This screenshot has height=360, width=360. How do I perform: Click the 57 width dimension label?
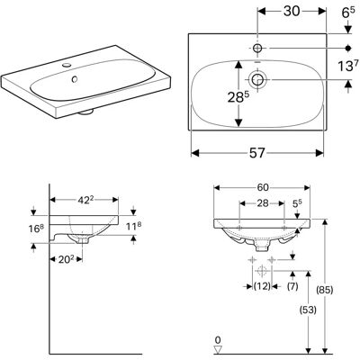pos(257,153)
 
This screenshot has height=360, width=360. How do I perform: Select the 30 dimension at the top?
pos(292,12)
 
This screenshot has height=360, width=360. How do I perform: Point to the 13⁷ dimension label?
pos(348,66)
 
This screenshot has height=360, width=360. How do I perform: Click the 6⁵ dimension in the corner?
pos(348,13)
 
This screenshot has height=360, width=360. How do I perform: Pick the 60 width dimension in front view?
pos(263,187)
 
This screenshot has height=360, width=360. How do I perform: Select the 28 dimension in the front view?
pos(263,203)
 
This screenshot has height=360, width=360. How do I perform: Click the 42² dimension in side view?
pos(84,200)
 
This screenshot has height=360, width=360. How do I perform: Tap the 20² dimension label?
pos(66,259)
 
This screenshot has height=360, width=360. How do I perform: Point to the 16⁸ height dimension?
pos(37,229)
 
